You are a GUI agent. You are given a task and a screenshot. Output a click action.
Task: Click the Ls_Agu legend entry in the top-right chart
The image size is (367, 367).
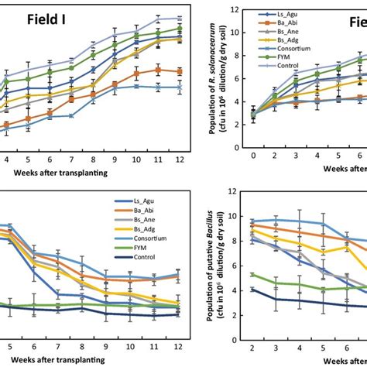(x=286, y=15)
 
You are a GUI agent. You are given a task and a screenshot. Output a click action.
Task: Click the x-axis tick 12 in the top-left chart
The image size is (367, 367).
(x=180, y=159)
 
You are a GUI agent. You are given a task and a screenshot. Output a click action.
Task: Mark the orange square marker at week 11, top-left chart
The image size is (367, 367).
(x=158, y=69)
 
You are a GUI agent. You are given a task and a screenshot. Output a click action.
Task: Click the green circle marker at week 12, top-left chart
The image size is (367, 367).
(x=180, y=29)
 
